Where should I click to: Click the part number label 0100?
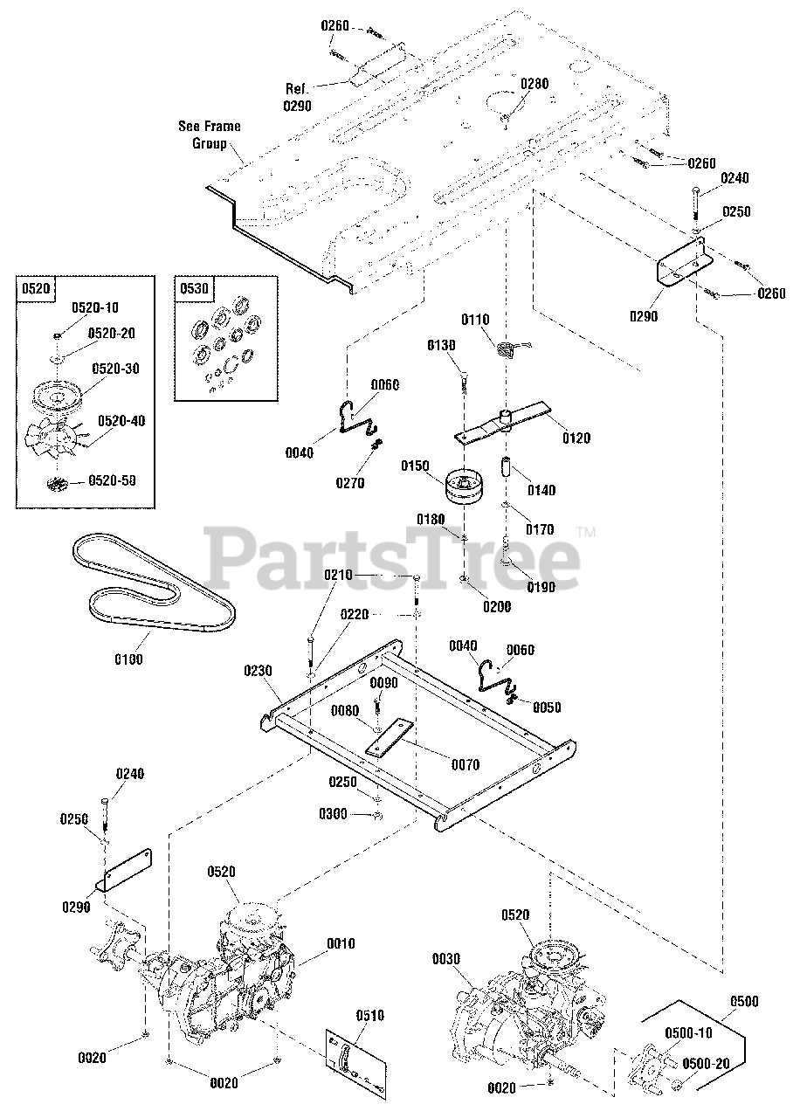coord(128,659)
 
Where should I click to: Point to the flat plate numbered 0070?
coord(393,738)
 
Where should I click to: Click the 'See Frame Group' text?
coord(210,135)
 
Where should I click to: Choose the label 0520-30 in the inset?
coord(116,369)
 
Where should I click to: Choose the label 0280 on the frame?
coord(534,84)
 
